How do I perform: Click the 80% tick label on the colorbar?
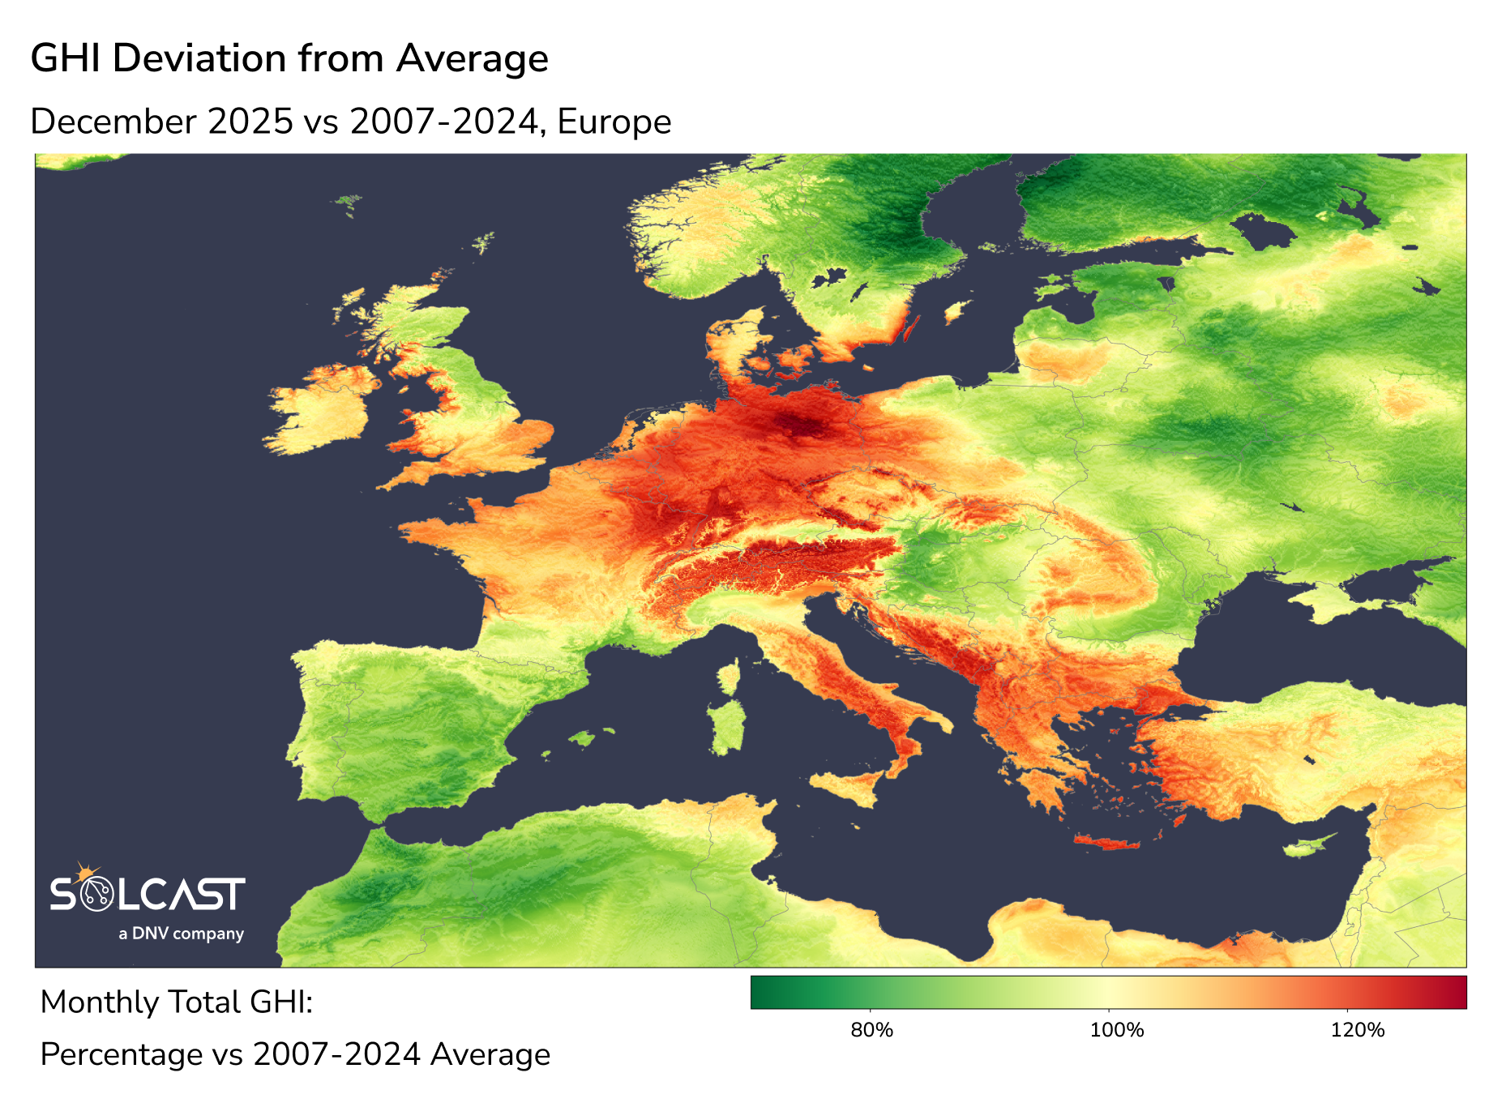pos(871,1030)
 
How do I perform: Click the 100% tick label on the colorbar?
pos(1116,1030)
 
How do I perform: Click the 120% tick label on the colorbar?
pos(1357,1030)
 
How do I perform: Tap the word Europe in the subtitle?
pos(614,122)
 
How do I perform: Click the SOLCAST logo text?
pos(148,894)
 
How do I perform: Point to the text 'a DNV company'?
pos(181,934)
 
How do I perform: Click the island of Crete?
pos(1107,844)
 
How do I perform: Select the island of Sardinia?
pos(727,725)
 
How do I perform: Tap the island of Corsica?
pos(730,677)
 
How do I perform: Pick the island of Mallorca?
pos(581,737)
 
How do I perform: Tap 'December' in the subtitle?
pos(113,122)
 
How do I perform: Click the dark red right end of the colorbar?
pos(1459,992)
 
